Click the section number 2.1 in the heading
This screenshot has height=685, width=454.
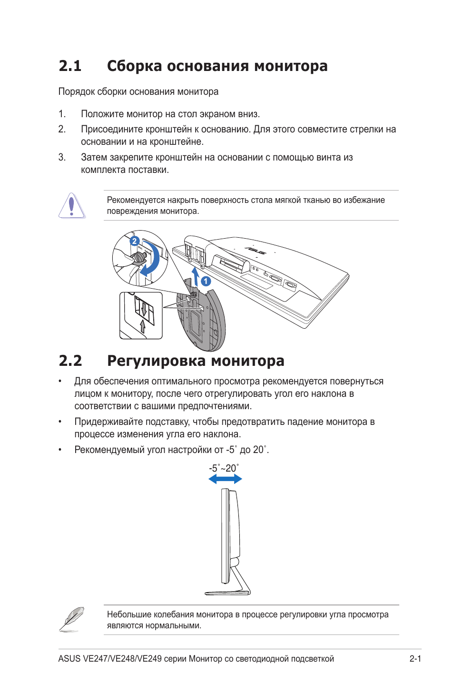pyautogui.click(x=70, y=66)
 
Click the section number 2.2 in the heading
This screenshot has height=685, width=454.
pyautogui.click(x=70, y=361)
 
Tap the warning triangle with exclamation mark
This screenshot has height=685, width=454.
pyautogui.click(x=72, y=206)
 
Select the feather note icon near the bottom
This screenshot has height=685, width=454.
pyautogui.click(x=72, y=619)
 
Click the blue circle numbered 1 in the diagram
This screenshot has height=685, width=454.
pyautogui.click(x=206, y=281)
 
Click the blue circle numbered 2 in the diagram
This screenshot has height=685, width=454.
pyautogui.click(x=134, y=241)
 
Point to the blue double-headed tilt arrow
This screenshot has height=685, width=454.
pyautogui.click(x=225, y=479)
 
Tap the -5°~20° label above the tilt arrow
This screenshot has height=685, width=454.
pyautogui.click(x=224, y=468)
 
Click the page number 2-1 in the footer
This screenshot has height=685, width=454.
pyautogui.click(x=415, y=659)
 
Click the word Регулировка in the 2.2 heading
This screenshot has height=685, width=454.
pyautogui.click(x=156, y=361)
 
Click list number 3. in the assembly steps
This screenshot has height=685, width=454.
pyautogui.click(x=62, y=157)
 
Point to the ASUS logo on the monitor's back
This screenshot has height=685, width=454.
pyautogui.click(x=255, y=250)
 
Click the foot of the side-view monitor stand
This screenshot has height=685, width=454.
pyautogui.click(x=227, y=593)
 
